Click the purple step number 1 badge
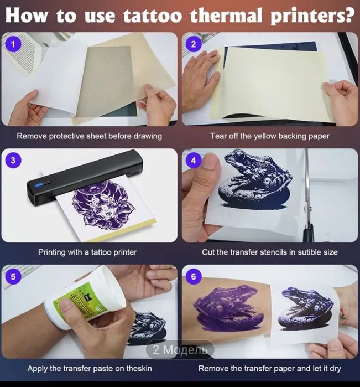coord(13,44)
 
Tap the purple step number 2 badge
coord(194,44)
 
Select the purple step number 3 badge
coord(13,160)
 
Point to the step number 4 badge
coord(194,160)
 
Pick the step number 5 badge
coord(13,276)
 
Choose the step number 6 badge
coord(194,276)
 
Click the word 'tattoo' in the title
coord(153,15)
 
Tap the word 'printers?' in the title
coord(312,16)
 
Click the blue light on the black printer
coord(39,185)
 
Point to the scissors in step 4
coord(307,198)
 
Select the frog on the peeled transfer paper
coord(306,308)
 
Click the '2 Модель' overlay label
coord(180,349)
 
